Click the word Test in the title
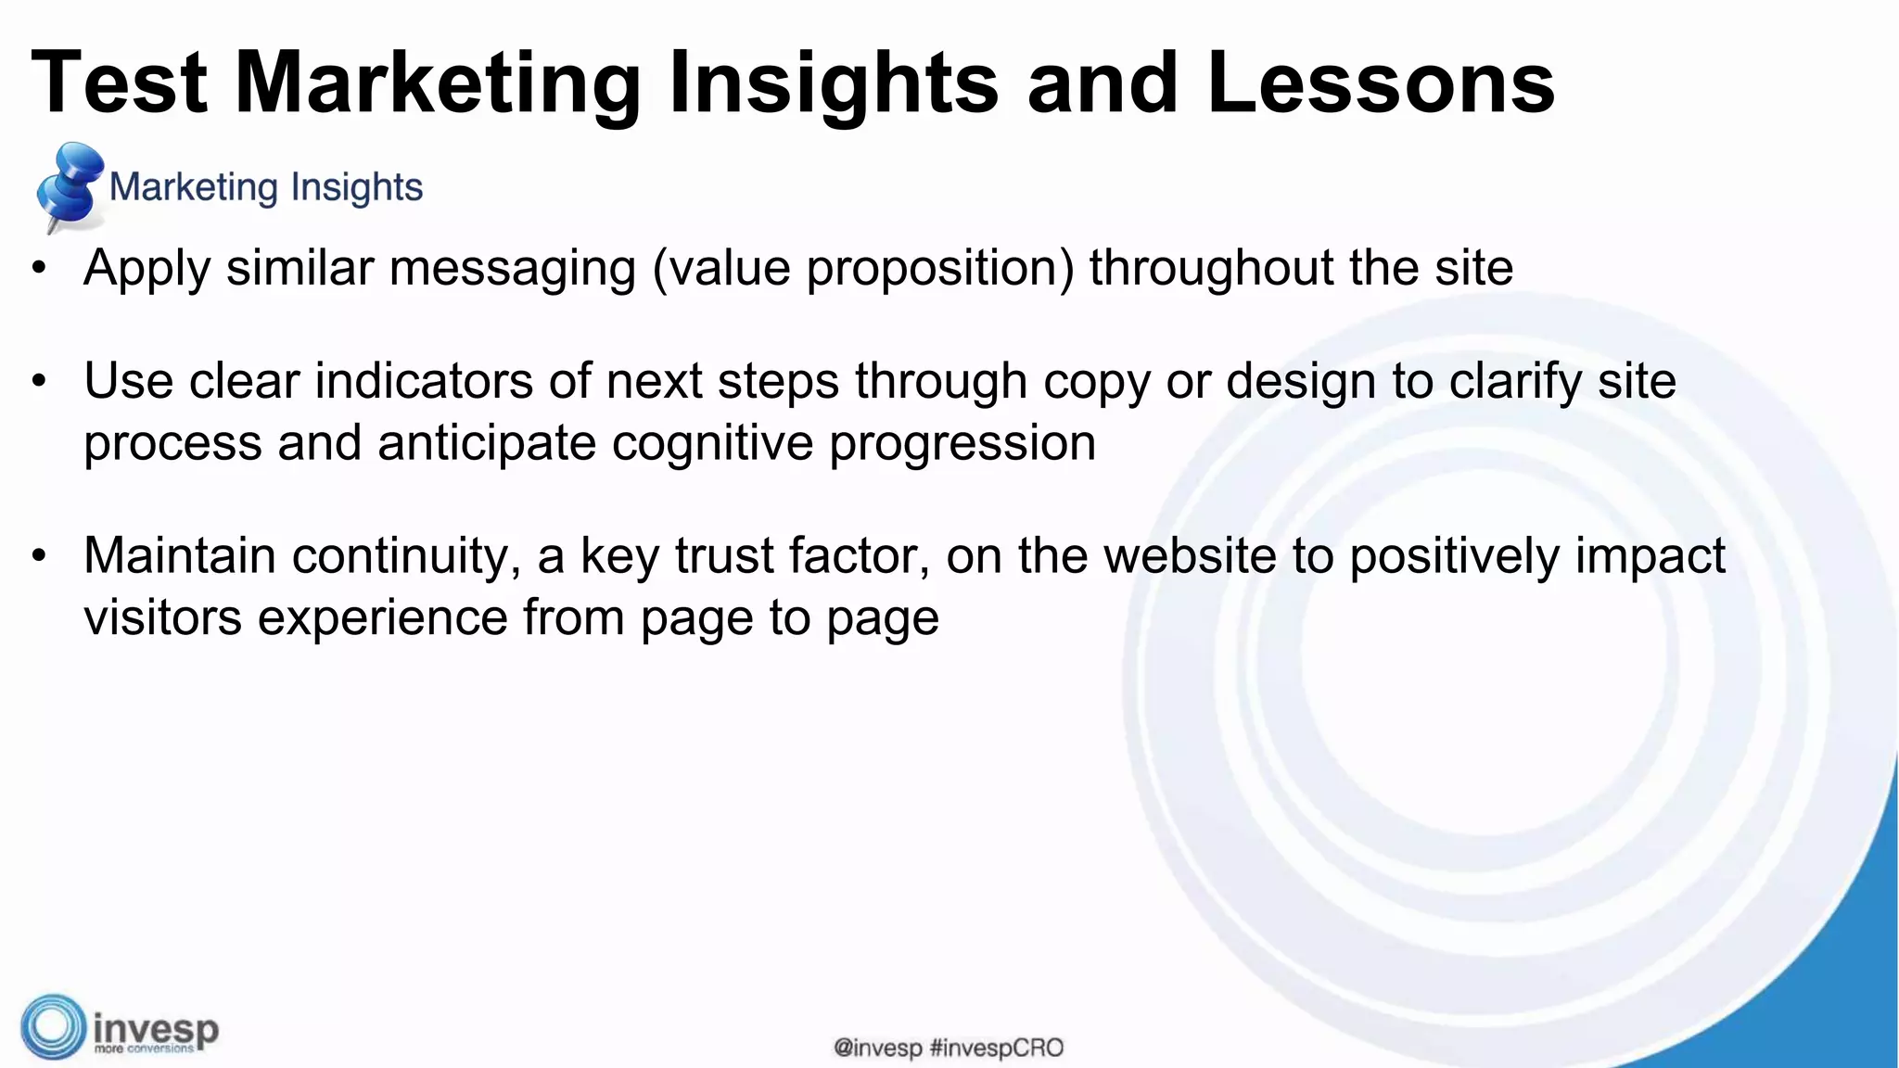pos(119,83)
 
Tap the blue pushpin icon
pos(69,185)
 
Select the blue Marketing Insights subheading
pos(266,187)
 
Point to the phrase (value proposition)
pos(863,269)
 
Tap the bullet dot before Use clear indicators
pos(38,381)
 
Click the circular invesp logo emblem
pos(53,1026)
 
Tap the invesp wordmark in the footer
pos(156,1029)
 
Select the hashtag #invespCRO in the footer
pos(996,1049)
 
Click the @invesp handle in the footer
pos(877,1049)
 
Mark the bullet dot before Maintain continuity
pos(38,556)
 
